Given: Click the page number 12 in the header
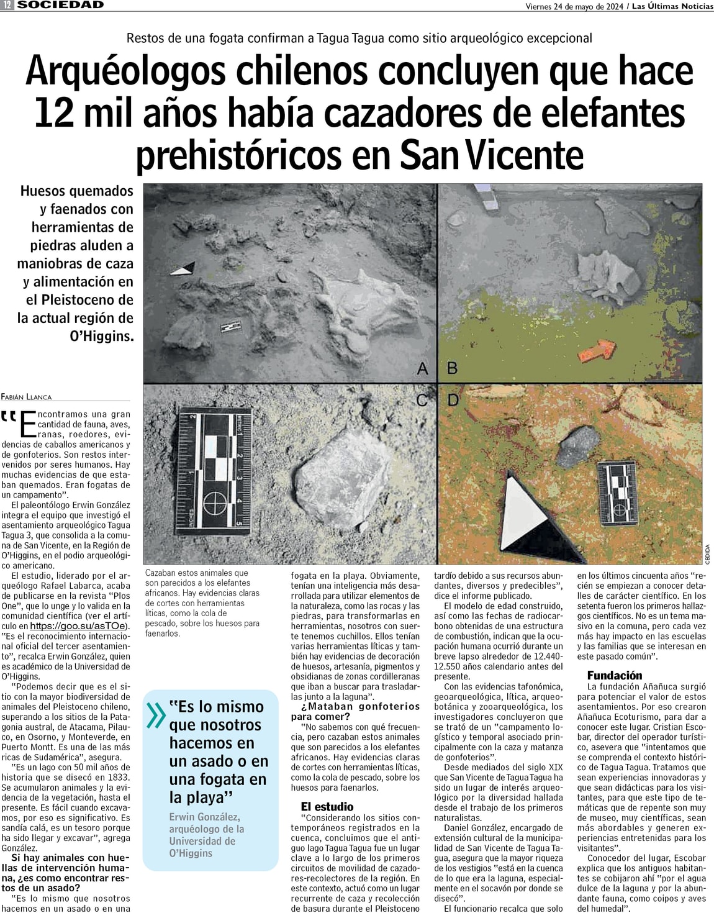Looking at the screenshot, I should point(7,5).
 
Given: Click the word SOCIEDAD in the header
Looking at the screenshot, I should point(60,5).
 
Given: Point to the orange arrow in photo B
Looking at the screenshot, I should point(595,351).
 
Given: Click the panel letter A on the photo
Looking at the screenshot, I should point(423,369).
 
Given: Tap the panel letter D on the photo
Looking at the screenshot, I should point(453,400).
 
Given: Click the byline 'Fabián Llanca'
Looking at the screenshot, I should point(27,396).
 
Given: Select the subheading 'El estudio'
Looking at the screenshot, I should point(327,807).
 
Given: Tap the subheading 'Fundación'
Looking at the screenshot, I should point(614,675).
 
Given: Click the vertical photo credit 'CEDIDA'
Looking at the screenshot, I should point(707,554).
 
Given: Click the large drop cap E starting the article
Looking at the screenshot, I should point(29,424).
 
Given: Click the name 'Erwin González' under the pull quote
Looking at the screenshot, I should point(204,817).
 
